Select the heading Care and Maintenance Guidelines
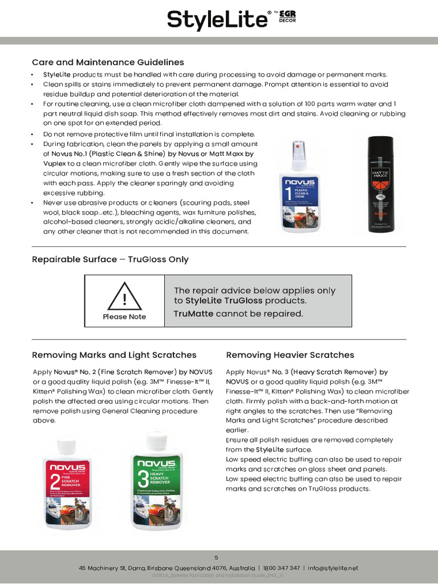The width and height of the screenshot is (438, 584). (108, 62)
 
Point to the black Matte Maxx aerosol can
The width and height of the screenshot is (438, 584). (381, 184)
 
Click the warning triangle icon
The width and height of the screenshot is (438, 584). (124, 296)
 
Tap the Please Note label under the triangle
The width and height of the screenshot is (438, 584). (124, 317)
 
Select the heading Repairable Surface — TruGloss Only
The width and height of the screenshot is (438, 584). (110, 259)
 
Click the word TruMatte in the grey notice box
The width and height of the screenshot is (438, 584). (194, 314)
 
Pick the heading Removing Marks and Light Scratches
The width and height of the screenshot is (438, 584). (114, 355)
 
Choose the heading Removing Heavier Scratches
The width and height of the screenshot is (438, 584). (290, 355)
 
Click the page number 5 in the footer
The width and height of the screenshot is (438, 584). (216, 557)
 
